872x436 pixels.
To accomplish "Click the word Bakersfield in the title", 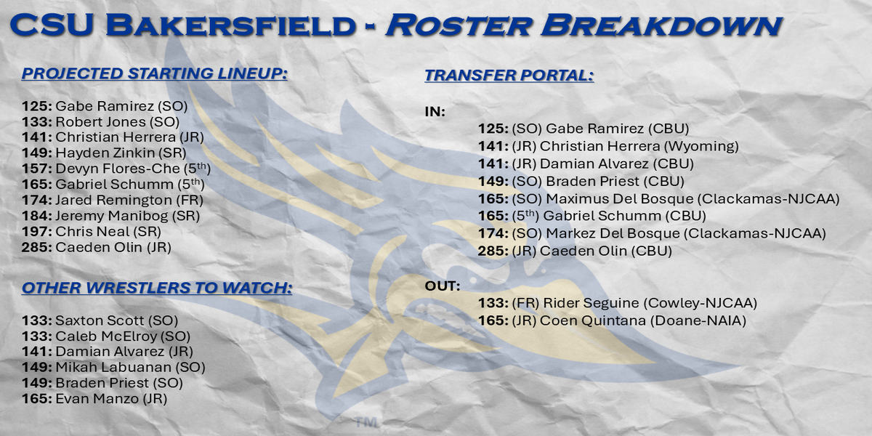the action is (231, 25).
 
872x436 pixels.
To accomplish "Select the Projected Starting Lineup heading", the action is (155, 73).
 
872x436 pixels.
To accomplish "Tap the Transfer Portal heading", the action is (509, 75).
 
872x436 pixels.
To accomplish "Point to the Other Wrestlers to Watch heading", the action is (157, 288).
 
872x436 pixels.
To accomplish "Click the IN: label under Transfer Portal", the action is (435, 112).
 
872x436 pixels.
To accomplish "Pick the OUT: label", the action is (443, 286).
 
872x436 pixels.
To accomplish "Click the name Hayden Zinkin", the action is (105, 153).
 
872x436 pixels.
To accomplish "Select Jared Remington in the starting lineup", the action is (113, 200).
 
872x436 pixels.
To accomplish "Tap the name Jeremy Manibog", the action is (112, 216).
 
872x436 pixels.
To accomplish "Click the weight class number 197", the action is (36, 232).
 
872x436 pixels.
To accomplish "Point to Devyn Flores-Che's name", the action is (118, 169).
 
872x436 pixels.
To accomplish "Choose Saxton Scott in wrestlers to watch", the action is (100, 320).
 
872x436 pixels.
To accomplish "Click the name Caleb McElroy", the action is (106, 336).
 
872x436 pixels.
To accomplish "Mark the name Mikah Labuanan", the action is (113, 367).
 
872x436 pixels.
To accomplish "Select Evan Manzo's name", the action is (97, 399).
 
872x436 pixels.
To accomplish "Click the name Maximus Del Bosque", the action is (620, 199).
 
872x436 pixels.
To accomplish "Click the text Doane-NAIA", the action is (698, 320).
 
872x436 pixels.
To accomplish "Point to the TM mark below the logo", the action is (366, 423).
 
